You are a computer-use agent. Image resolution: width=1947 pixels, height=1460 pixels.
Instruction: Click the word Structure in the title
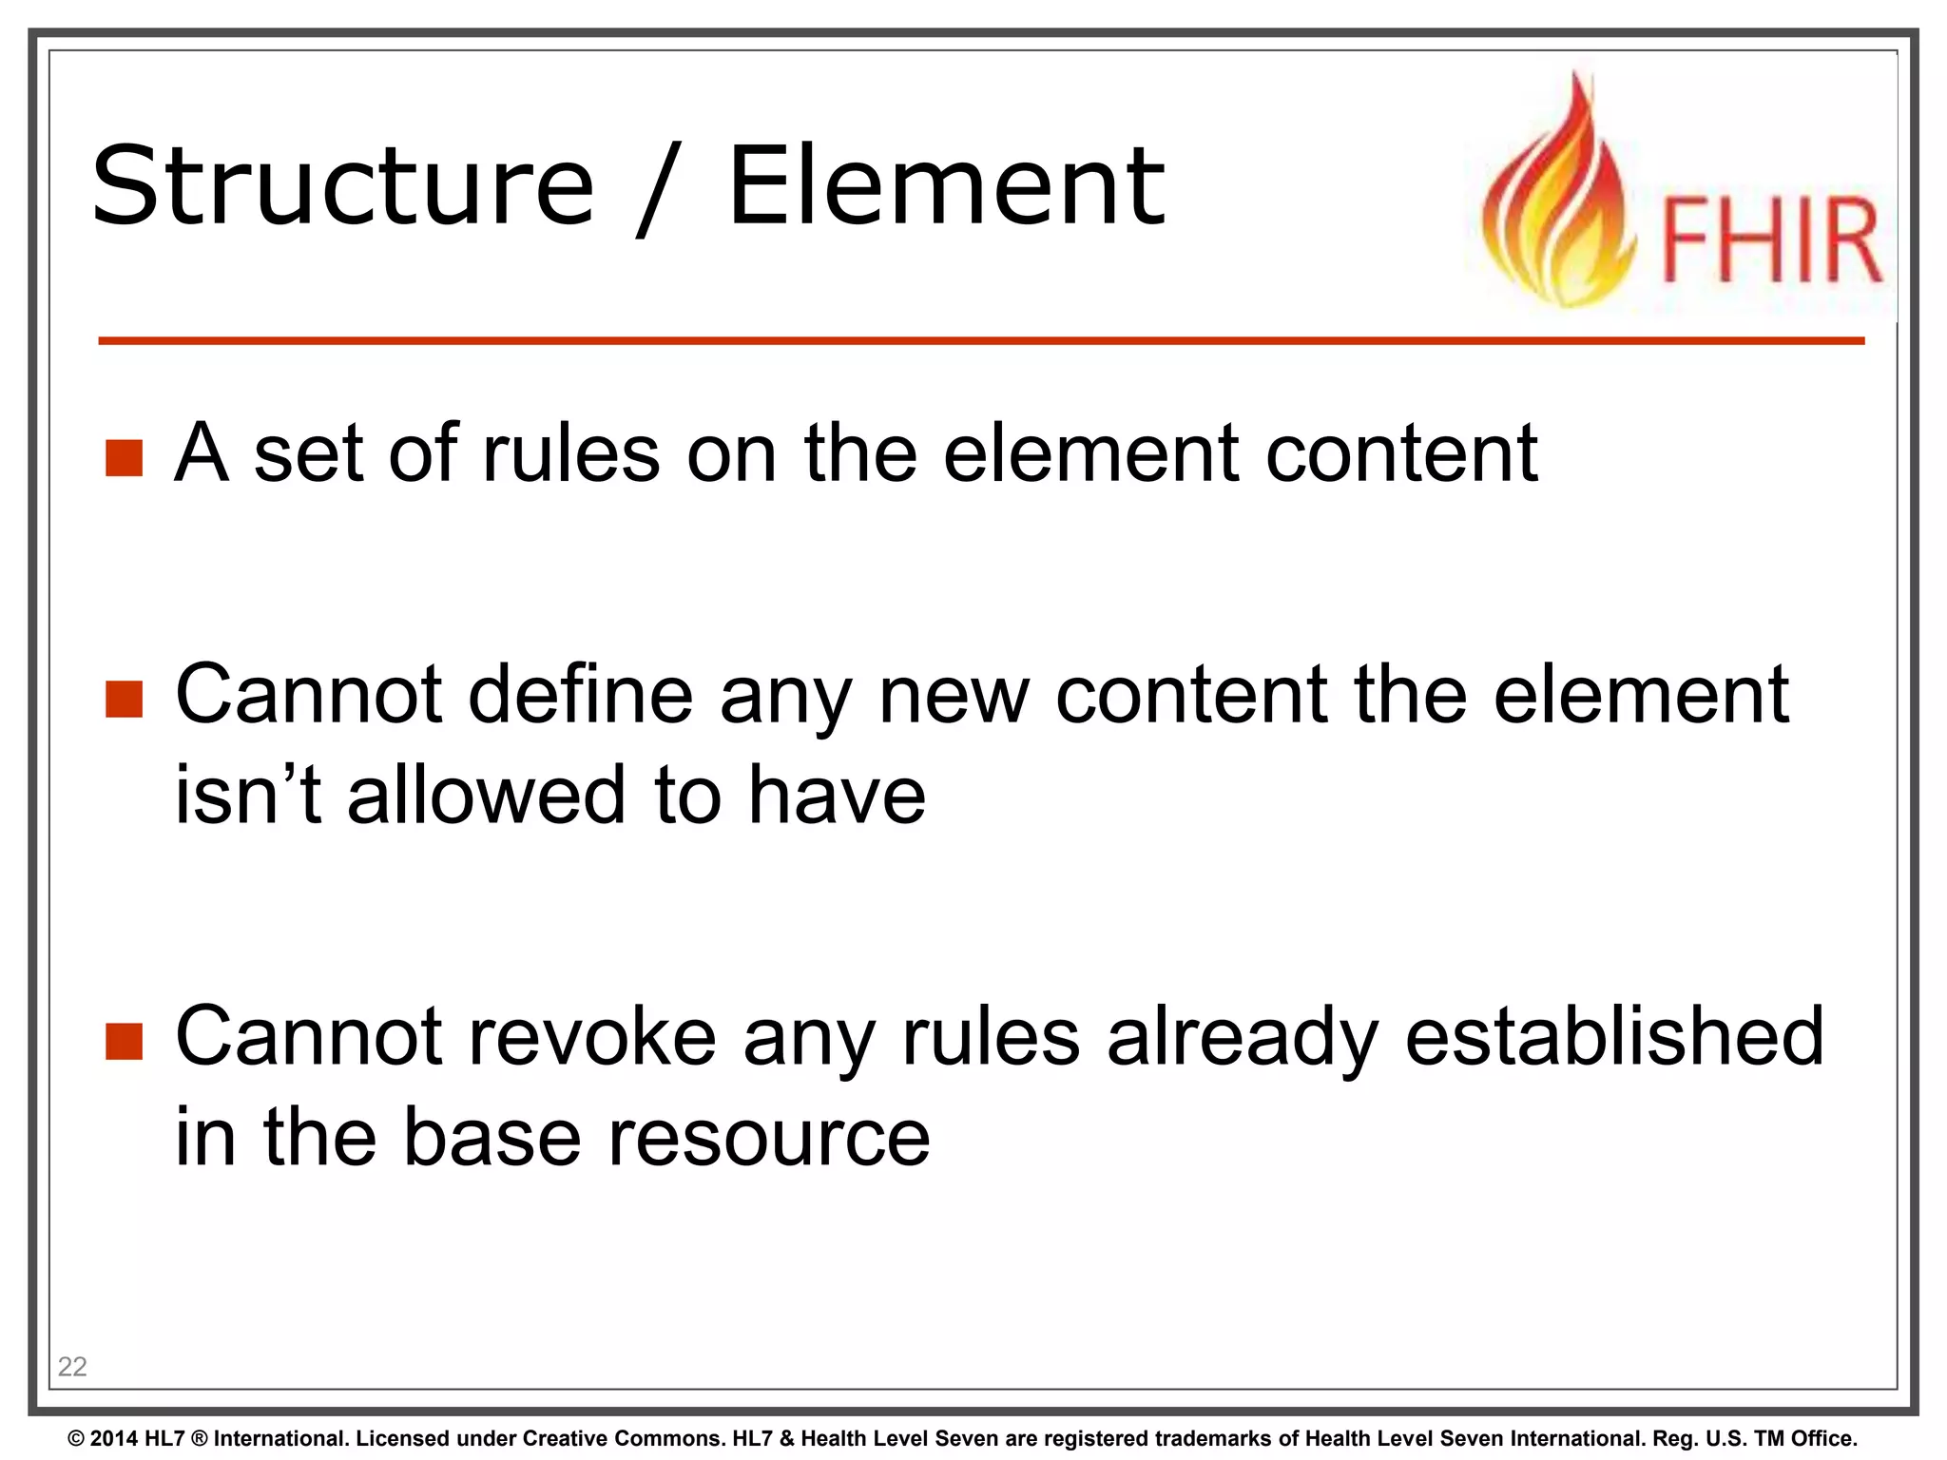coord(342,186)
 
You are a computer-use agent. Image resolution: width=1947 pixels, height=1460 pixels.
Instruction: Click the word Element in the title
coord(946,186)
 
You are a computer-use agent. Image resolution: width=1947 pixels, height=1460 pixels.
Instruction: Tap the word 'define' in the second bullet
coord(580,695)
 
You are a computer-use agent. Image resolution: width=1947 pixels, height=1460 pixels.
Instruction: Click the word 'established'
coord(1614,1037)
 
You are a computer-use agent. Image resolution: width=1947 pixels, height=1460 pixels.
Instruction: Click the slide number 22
coord(72,1367)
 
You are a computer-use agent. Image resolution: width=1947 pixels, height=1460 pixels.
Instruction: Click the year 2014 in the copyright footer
coord(113,1439)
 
